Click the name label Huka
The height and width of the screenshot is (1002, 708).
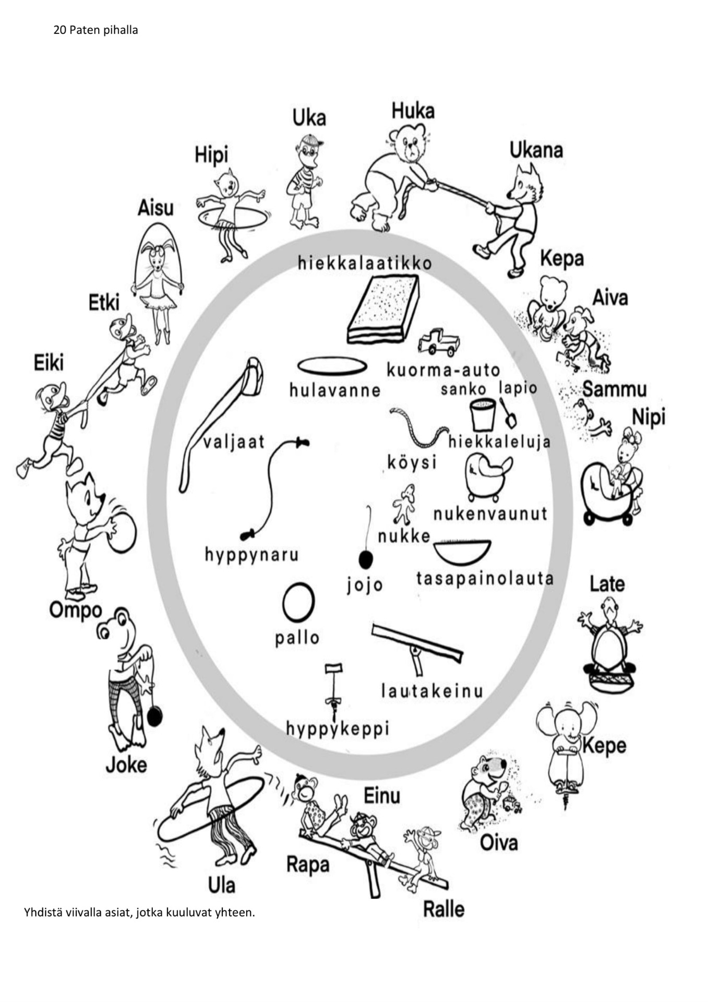[x=413, y=111]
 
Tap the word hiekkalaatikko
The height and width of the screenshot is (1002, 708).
[x=365, y=263]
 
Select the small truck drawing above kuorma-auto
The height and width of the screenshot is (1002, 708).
[x=439, y=342]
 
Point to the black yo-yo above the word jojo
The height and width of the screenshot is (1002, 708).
[x=366, y=560]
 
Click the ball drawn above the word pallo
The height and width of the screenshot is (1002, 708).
[x=298, y=602]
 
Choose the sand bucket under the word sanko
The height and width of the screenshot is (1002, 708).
[x=482, y=414]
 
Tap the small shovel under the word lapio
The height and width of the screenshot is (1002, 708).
[x=508, y=413]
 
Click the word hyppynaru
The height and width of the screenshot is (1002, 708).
[x=251, y=554]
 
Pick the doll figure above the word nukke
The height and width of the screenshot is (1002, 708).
[x=404, y=504]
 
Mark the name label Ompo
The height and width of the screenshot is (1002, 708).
[x=75, y=610]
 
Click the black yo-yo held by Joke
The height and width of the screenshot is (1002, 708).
[x=155, y=715]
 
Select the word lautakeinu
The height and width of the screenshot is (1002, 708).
[x=432, y=690]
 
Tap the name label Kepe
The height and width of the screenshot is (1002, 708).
[x=604, y=746]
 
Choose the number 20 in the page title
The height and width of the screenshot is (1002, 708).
[x=59, y=30]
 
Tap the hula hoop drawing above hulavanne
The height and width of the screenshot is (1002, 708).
[x=332, y=366]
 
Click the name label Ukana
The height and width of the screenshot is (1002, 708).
[x=536, y=150]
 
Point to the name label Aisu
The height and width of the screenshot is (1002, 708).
[x=155, y=208]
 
